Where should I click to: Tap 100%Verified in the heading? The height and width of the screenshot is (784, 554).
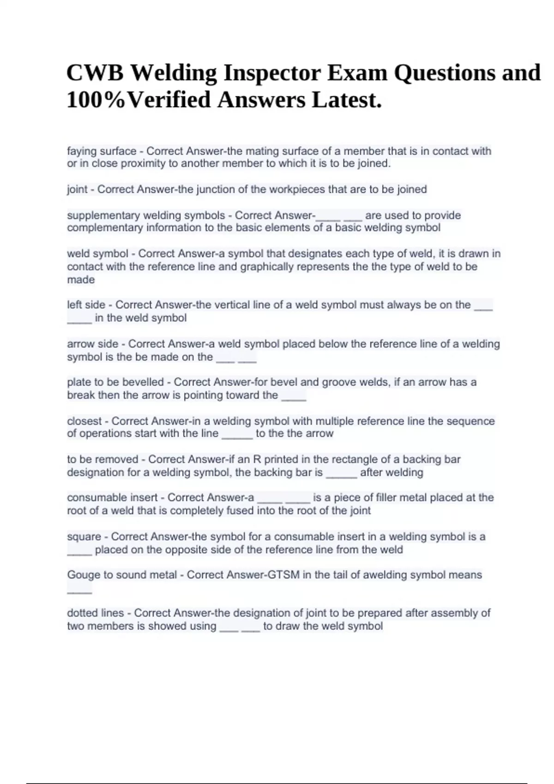click(138, 100)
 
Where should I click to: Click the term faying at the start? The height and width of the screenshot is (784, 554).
click(82, 151)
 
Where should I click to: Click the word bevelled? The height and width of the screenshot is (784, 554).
click(141, 382)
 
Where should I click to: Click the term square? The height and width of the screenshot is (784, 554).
click(84, 537)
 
